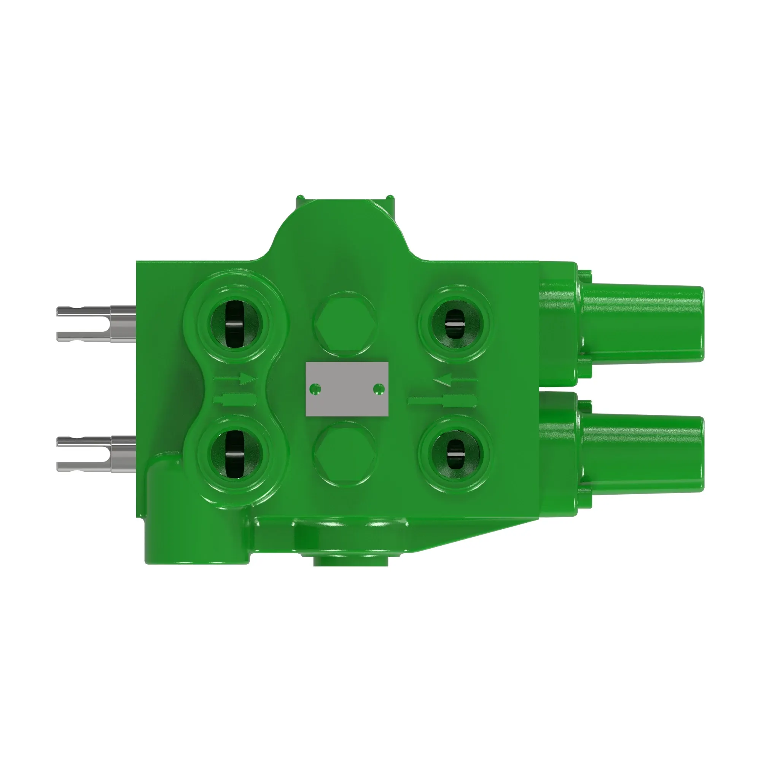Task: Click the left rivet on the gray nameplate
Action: [x=315, y=389]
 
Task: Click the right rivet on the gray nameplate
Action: [x=379, y=389]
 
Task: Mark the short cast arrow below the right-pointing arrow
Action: [x=235, y=400]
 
